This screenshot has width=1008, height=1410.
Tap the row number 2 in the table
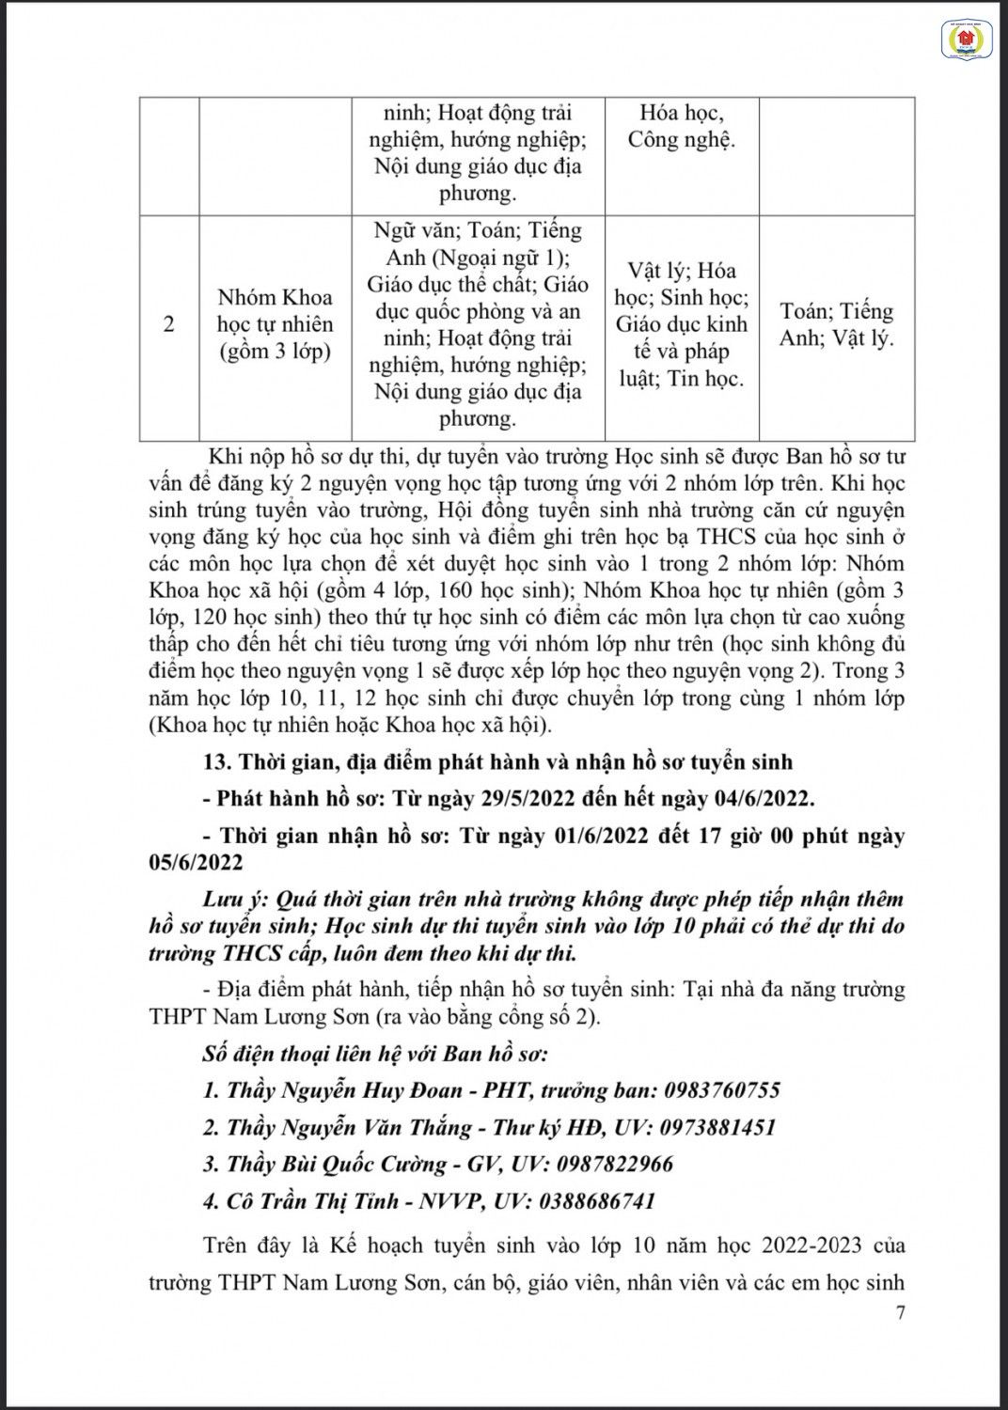pyautogui.click(x=169, y=325)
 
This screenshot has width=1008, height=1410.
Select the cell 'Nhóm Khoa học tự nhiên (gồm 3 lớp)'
pyautogui.click(x=275, y=325)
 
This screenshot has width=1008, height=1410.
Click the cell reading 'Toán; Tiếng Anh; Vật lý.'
pyautogui.click(x=836, y=325)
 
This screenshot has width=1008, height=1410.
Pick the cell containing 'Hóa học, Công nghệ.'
pyautogui.click(x=682, y=127)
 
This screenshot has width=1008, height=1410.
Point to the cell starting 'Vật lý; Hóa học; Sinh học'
pyautogui.click(x=682, y=325)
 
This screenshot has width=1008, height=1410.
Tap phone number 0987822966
pyautogui.click(x=615, y=1164)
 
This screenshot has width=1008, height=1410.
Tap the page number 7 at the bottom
pyautogui.click(x=900, y=1314)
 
